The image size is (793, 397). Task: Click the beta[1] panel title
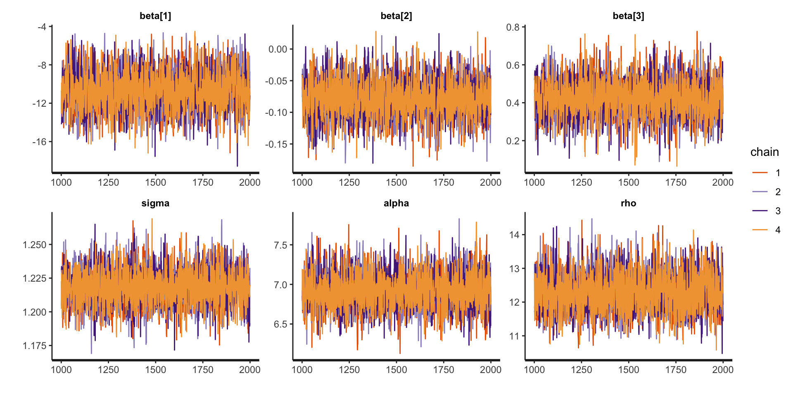[x=155, y=16]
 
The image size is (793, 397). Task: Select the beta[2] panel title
[x=396, y=16]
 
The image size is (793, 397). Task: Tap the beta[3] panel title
[x=628, y=16]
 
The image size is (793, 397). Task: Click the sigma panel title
[x=155, y=203]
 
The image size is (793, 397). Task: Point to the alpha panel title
[x=396, y=203]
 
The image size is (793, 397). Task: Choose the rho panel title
[x=628, y=203]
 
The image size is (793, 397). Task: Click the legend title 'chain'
[x=765, y=152]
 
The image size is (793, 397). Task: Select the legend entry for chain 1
[x=768, y=173]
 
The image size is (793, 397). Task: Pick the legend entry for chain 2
[x=768, y=192]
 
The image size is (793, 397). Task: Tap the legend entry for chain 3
[x=768, y=211]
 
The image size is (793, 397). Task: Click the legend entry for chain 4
[x=768, y=230]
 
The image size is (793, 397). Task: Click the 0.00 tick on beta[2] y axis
[x=278, y=50]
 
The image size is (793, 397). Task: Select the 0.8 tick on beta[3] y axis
[x=513, y=28]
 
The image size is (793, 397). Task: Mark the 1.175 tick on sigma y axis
[x=35, y=346]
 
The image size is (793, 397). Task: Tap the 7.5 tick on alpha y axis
[x=280, y=245]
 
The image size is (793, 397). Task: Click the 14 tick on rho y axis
[x=515, y=235]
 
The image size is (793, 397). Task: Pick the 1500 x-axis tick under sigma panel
[x=156, y=370]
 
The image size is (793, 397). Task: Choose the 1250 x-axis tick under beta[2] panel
[x=349, y=182]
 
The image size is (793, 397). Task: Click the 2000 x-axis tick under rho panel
[x=723, y=370]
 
